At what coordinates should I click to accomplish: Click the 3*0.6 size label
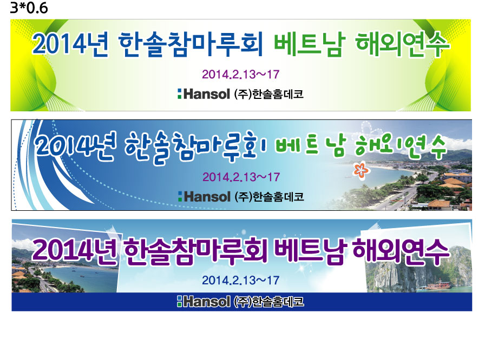click(29, 8)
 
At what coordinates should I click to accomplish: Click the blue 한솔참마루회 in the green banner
click(191, 44)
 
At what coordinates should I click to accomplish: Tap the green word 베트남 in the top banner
click(310, 45)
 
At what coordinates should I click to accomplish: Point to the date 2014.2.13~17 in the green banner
click(240, 74)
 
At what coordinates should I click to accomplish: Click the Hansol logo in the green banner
click(204, 94)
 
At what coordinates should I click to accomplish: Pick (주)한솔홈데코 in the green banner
click(269, 94)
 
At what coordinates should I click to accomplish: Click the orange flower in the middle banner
click(362, 170)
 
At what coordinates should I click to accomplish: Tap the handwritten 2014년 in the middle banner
click(75, 145)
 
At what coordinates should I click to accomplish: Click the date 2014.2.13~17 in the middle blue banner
click(241, 177)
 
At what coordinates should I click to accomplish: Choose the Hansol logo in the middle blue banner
click(204, 197)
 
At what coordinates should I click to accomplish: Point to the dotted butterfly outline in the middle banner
click(371, 129)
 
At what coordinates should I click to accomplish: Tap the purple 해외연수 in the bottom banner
click(401, 251)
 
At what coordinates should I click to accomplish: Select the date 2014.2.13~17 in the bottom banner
click(240, 281)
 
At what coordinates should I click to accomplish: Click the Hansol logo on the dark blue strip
click(204, 302)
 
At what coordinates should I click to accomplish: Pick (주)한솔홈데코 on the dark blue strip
click(269, 302)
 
